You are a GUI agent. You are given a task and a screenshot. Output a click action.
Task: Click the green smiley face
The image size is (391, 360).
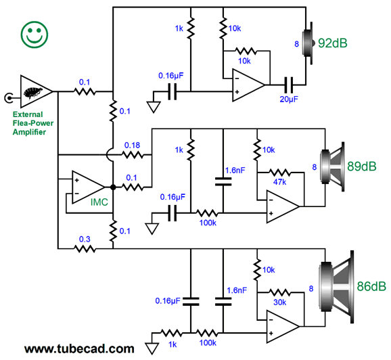[x=34, y=35]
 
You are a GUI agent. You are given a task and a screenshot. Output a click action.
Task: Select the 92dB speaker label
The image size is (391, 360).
[x=333, y=43]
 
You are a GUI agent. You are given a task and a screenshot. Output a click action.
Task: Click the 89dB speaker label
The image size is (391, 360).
[x=362, y=166]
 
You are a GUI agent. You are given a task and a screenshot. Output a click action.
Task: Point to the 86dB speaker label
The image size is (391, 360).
[x=371, y=286]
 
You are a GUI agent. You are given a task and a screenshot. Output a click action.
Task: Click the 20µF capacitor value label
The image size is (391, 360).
[x=289, y=99]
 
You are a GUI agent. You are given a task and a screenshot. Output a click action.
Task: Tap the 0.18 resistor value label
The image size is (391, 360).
[x=132, y=145]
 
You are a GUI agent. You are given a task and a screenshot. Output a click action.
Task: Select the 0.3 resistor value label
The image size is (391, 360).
[x=85, y=240]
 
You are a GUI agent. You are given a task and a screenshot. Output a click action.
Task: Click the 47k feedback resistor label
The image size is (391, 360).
[x=280, y=182]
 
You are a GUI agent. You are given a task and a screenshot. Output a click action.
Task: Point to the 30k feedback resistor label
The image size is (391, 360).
[x=280, y=302]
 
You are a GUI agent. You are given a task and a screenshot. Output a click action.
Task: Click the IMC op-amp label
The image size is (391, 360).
[x=99, y=202]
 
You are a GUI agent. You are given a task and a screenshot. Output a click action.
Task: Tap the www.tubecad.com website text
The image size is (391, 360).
[x=79, y=348]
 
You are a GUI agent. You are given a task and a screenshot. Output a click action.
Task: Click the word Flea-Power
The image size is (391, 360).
[x=33, y=123]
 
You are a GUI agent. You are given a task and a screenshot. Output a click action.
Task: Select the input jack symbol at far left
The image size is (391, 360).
[x=9, y=98]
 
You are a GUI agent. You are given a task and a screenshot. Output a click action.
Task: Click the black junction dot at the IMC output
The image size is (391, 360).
[x=113, y=187]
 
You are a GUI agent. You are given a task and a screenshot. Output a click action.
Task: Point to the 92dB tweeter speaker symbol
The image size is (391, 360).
[x=308, y=43]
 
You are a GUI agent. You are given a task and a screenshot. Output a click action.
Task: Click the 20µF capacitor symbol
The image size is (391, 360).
[x=289, y=85]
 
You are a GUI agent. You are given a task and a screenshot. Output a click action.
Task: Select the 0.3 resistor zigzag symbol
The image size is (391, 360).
[x=85, y=249]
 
